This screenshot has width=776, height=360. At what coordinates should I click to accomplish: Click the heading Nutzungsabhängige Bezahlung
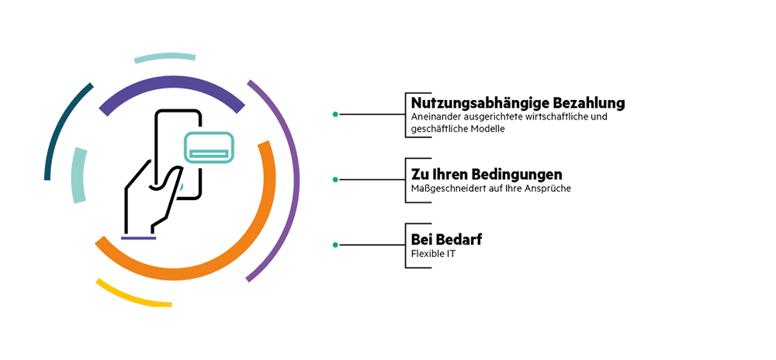click(518, 103)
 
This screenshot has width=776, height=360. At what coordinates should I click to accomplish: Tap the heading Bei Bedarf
click(446, 239)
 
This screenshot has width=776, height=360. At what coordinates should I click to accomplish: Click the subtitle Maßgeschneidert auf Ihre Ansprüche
click(490, 189)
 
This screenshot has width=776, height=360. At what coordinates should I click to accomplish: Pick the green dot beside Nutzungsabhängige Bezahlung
click(335, 114)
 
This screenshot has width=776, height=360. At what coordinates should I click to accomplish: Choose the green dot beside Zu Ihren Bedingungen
click(335, 180)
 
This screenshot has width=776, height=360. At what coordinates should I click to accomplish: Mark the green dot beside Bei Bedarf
click(335, 245)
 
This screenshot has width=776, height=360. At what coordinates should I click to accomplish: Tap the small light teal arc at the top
click(164, 57)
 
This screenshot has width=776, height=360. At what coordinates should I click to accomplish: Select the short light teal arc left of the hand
click(78, 175)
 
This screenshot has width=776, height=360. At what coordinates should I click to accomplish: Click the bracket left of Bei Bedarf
click(407, 245)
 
